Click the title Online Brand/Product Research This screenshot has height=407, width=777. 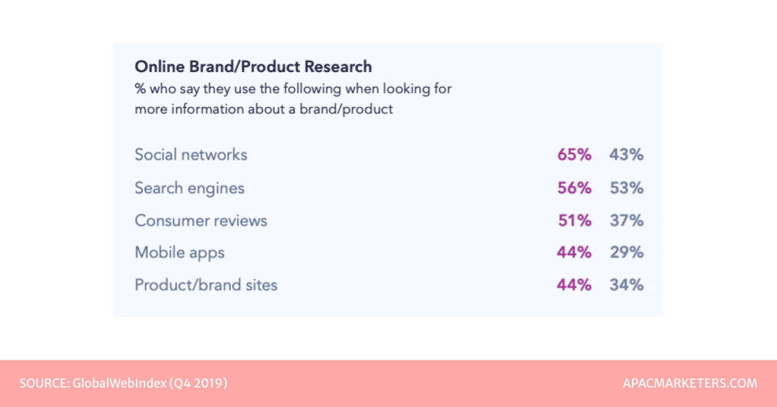click(x=253, y=67)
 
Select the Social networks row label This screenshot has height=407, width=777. click(x=191, y=155)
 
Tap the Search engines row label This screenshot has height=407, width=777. click(x=190, y=189)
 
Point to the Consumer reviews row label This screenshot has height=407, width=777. click(x=201, y=220)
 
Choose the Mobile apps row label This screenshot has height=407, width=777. click(x=179, y=253)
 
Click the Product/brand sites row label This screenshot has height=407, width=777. click(x=206, y=285)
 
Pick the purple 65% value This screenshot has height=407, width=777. click(x=574, y=155)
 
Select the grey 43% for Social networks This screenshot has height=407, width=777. click(x=626, y=155)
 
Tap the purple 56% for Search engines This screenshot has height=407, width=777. click(x=574, y=189)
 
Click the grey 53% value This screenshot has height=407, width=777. click(x=626, y=189)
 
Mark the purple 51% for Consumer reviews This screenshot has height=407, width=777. click(x=574, y=220)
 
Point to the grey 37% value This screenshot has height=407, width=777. click(x=626, y=220)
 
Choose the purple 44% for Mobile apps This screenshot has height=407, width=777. click(x=574, y=253)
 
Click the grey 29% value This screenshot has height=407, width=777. click(x=626, y=253)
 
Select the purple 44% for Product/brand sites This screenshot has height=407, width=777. click(x=574, y=285)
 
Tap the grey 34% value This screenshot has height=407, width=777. click(x=626, y=285)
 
